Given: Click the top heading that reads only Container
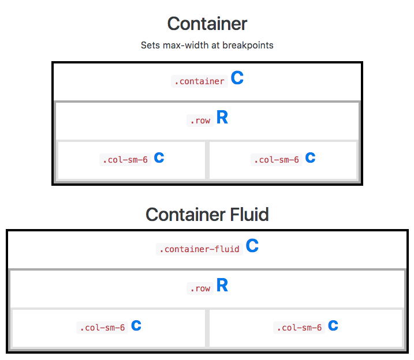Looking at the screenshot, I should [x=207, y=24].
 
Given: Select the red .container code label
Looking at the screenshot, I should [x=199, y=81].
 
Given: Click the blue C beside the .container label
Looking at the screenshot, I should [x=237, y=79].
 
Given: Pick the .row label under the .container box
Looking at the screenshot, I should [x=199, y=121].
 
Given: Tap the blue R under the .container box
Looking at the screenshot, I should [x=222, y=118].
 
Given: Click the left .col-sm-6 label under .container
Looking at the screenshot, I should [x=124, y=160].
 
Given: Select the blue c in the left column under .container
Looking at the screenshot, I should [x=159, y=157].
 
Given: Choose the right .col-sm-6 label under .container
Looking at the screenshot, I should [x=275, y=160].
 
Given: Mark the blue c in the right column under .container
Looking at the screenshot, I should [x=310, y=157].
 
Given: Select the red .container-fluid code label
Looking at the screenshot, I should [x=199, y=249].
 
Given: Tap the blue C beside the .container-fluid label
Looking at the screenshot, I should [x=252, y=246].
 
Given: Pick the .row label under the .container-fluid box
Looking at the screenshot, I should [x=199, y=288].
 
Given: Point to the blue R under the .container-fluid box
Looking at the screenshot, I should [x=222, y=286].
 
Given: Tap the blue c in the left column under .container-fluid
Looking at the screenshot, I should [x=136, y=325].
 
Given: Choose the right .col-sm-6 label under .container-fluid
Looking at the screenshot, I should [x=298, y=328].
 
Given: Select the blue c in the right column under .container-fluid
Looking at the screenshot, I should [x=333, y=325].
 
